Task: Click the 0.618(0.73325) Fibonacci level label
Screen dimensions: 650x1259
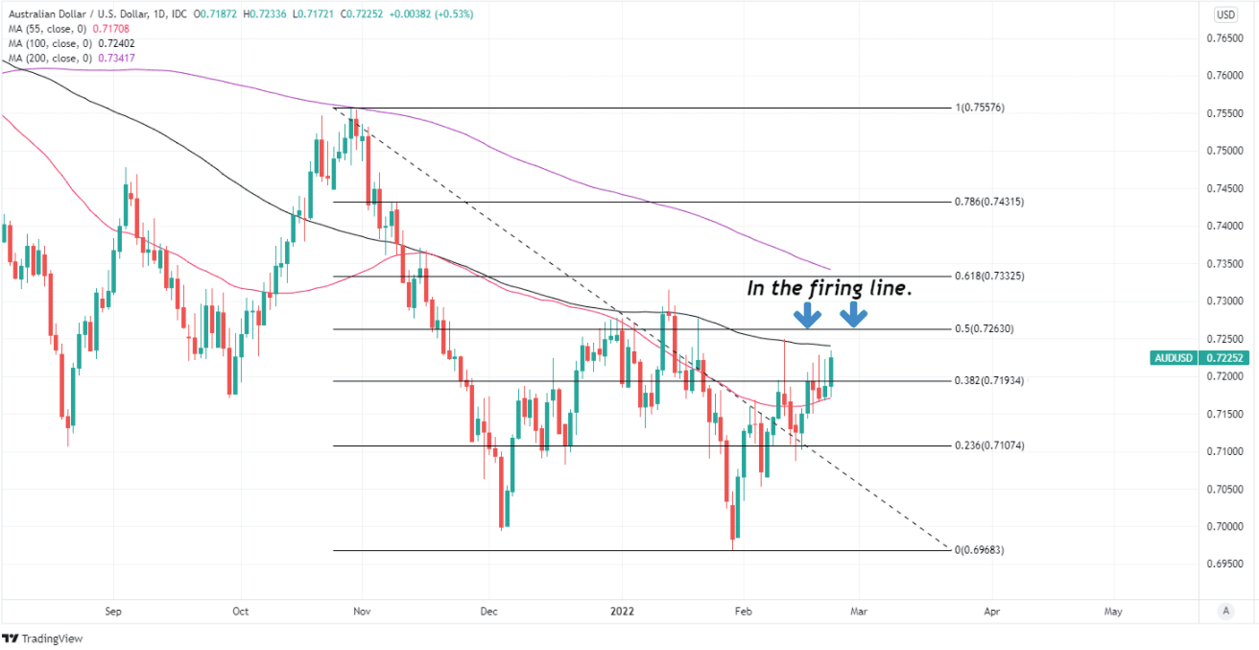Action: tap(989, 277)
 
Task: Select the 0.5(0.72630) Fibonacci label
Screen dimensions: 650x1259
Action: tap(986, 329)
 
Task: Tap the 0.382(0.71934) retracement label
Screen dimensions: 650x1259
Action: tap(989, 381)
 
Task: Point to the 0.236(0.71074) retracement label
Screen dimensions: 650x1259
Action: tap(989, 446)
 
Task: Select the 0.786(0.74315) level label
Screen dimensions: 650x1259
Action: tap(989, 203)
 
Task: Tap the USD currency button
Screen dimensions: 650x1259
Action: tap(1225, 14)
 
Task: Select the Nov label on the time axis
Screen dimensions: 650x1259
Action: tap(362, 611)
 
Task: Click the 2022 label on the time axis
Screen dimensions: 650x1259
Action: tap(623, 611)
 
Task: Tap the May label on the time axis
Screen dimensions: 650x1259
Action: tap(1113, 611)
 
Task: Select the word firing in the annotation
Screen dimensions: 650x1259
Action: tap(840, 287)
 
